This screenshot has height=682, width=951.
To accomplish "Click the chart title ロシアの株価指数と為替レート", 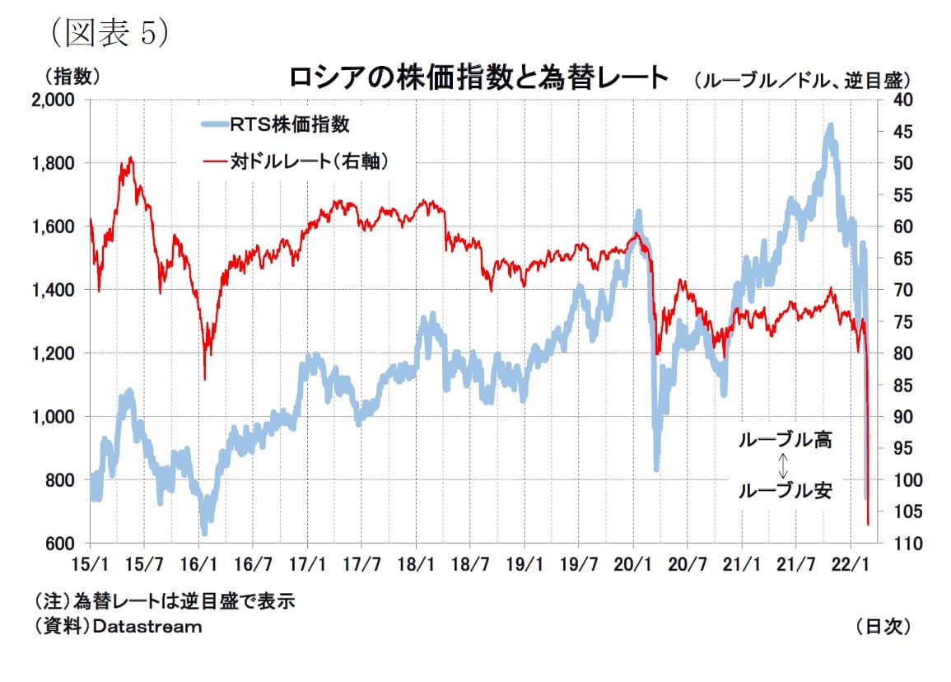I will pos(478,78).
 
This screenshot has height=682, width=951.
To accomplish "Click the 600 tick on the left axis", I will pos(61,544).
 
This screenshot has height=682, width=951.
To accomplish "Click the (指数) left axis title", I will pos(71,77).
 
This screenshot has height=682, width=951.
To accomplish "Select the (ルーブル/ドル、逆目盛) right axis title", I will pos(802,80).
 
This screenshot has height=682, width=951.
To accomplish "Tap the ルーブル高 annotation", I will pos(784,440).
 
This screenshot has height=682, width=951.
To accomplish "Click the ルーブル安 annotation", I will pos(784,492).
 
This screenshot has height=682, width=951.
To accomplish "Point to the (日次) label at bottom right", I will pos(883,627).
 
